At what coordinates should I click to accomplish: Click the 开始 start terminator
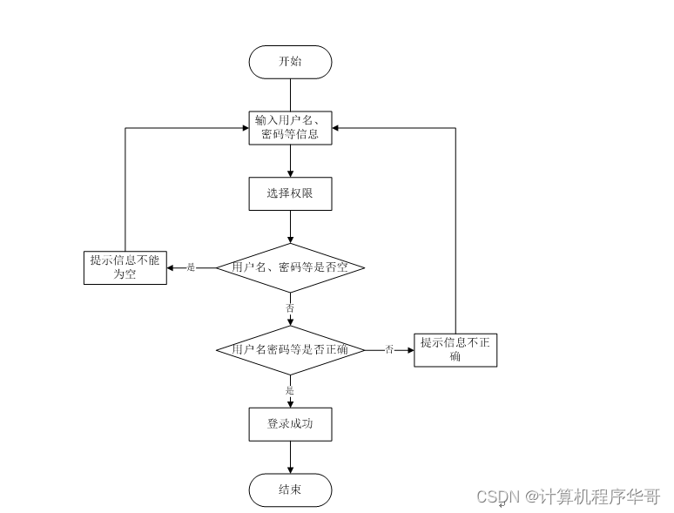point(290,62)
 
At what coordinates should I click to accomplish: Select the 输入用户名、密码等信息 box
point(290,128)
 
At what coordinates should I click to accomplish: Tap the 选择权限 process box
point(290,193)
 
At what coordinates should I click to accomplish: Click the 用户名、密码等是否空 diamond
point(290,267)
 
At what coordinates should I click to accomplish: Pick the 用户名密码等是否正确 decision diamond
point(290,350)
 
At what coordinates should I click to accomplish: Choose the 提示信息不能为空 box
point(125,267)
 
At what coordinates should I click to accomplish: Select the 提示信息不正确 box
point(455,349)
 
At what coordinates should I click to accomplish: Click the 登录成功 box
point(290,424)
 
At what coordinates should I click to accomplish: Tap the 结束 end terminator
point(290,489)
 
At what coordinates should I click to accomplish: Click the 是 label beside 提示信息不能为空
point(192,267)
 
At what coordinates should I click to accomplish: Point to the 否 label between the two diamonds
point(290,307)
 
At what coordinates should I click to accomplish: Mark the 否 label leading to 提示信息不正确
point(389,350)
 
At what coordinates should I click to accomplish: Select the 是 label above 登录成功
point(290,390)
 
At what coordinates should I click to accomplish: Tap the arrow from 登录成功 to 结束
point(290,457)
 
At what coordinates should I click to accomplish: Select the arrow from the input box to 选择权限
point(290,161)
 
